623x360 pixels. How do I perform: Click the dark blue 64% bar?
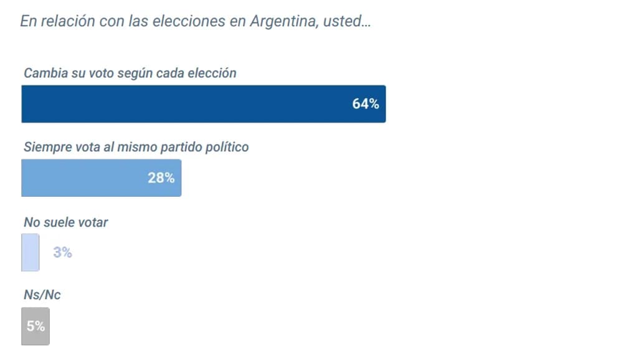tap(187, 104)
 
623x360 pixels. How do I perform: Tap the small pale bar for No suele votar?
tap(31, 252)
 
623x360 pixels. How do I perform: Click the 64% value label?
tap(365, 104)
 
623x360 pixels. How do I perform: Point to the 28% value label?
tap(161, 178)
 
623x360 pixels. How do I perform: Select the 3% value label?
tap(62, 253)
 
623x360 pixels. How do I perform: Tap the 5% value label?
tap(36, 326)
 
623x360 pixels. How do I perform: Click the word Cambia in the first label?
tap(44, 73)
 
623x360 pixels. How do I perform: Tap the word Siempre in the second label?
tap(45, 148)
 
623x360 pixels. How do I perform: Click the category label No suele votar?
tap(65, 222)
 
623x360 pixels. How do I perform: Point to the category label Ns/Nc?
tap(42, 295)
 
